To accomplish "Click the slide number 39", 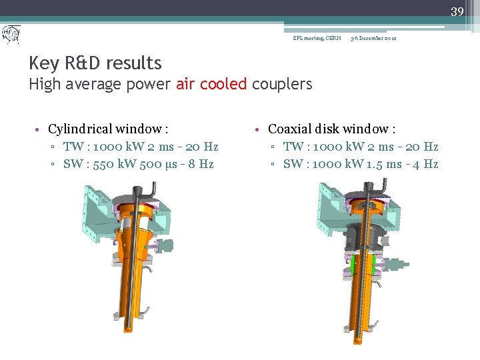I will pyautogui.click(x=457, y=11).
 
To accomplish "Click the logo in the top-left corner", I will pyautogui.click(x=11, y=34).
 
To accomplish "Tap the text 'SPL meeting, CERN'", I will pyautogui.click(x=317, y=38).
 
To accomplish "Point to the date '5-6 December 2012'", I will pyautogui.click(x=373, y=38).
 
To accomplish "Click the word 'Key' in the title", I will pyautogui.click(x=44, y=63).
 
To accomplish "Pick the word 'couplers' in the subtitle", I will pyautogui.click(x=282, y=84).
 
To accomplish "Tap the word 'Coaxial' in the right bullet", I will pyautogui.click(x=293, y=129).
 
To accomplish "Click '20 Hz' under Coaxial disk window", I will pyautogui.click(x=423, y=147).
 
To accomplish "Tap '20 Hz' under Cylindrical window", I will pyautogui.click(x=203, y=147).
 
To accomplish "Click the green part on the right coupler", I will pyautogui.click(x=353, y=265).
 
